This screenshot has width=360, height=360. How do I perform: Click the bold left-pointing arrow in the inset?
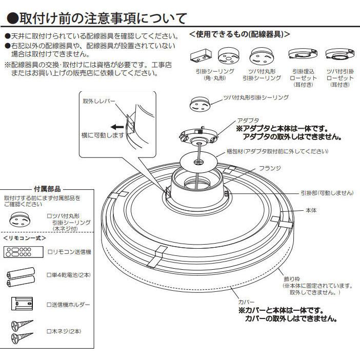coord(116,126)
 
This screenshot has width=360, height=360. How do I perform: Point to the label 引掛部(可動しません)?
coord(327,193)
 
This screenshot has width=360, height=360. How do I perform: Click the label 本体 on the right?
coord(312,211)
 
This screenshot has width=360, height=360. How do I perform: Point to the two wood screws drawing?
coord(22,331)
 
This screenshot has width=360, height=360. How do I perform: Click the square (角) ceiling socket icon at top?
coord(200,55)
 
